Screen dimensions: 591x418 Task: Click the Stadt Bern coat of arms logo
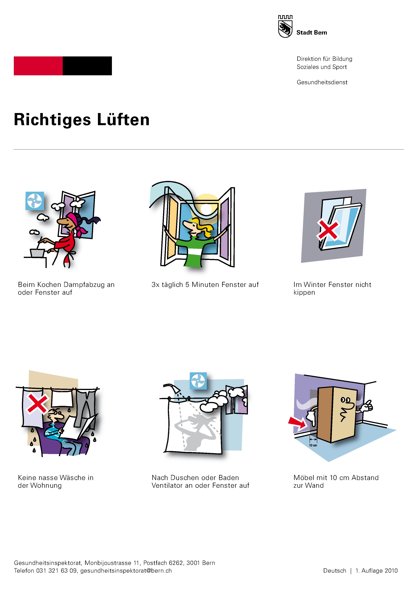click(285, 26)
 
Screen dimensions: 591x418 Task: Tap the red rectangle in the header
click(38, 66)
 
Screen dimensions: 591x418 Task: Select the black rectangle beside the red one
click(87, 66)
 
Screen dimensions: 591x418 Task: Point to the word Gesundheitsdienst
click(322, 82)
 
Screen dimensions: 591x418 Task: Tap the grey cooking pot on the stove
click(37, 253)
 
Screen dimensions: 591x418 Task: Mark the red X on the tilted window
click(328, 230)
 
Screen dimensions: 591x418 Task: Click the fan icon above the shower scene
click(198, 381)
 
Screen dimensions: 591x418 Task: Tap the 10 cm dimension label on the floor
click(313, 445)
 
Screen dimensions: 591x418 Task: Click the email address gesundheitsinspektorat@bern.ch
click(126, 571)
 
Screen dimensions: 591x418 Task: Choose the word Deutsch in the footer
click(335, 571)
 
